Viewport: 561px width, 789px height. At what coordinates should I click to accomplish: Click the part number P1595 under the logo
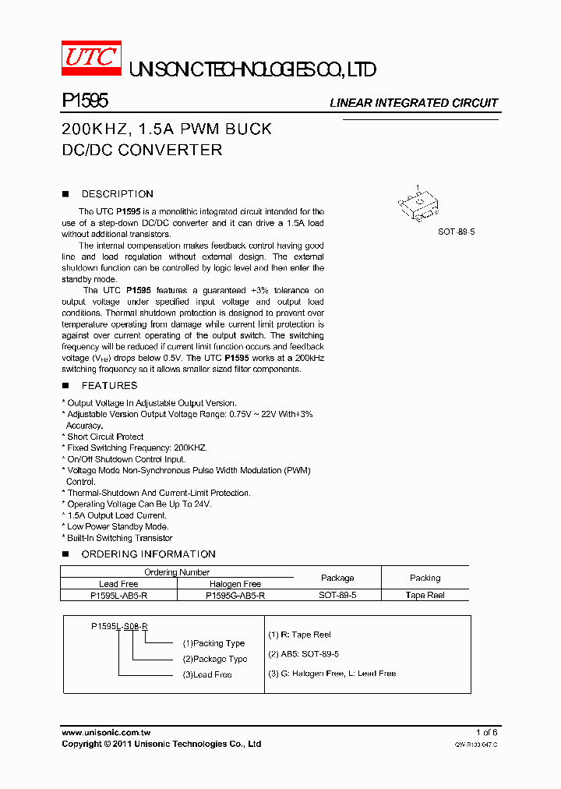(84, 101)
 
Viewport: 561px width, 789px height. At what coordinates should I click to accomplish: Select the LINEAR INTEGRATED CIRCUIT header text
(413, 103)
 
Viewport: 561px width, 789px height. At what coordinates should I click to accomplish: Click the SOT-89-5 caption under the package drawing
(456, 232)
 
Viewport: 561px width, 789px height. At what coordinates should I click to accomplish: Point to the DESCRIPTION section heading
(117, 194)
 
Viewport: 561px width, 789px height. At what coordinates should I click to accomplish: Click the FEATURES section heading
(109, 386)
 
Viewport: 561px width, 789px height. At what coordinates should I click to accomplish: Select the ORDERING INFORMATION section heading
(148, 554)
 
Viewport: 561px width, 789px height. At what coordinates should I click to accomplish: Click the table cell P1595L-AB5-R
(118, 595)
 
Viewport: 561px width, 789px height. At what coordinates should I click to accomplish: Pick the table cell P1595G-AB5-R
(235, 595)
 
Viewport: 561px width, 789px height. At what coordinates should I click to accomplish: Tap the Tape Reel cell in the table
(425, 595)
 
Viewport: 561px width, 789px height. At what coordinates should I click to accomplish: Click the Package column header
(337, 578)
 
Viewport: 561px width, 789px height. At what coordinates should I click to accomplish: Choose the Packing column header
(425, 578)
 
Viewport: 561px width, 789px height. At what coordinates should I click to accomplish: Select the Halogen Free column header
(235, 584)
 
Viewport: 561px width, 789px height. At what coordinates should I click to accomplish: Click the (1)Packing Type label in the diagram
(213, 643)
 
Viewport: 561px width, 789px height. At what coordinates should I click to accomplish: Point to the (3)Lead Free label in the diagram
(206, 674)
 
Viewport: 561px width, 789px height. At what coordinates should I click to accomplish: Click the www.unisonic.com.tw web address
(106, 732)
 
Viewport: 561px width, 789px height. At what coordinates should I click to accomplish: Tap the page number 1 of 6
(486, 732)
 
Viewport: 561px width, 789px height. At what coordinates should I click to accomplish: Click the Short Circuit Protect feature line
(104, 437)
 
